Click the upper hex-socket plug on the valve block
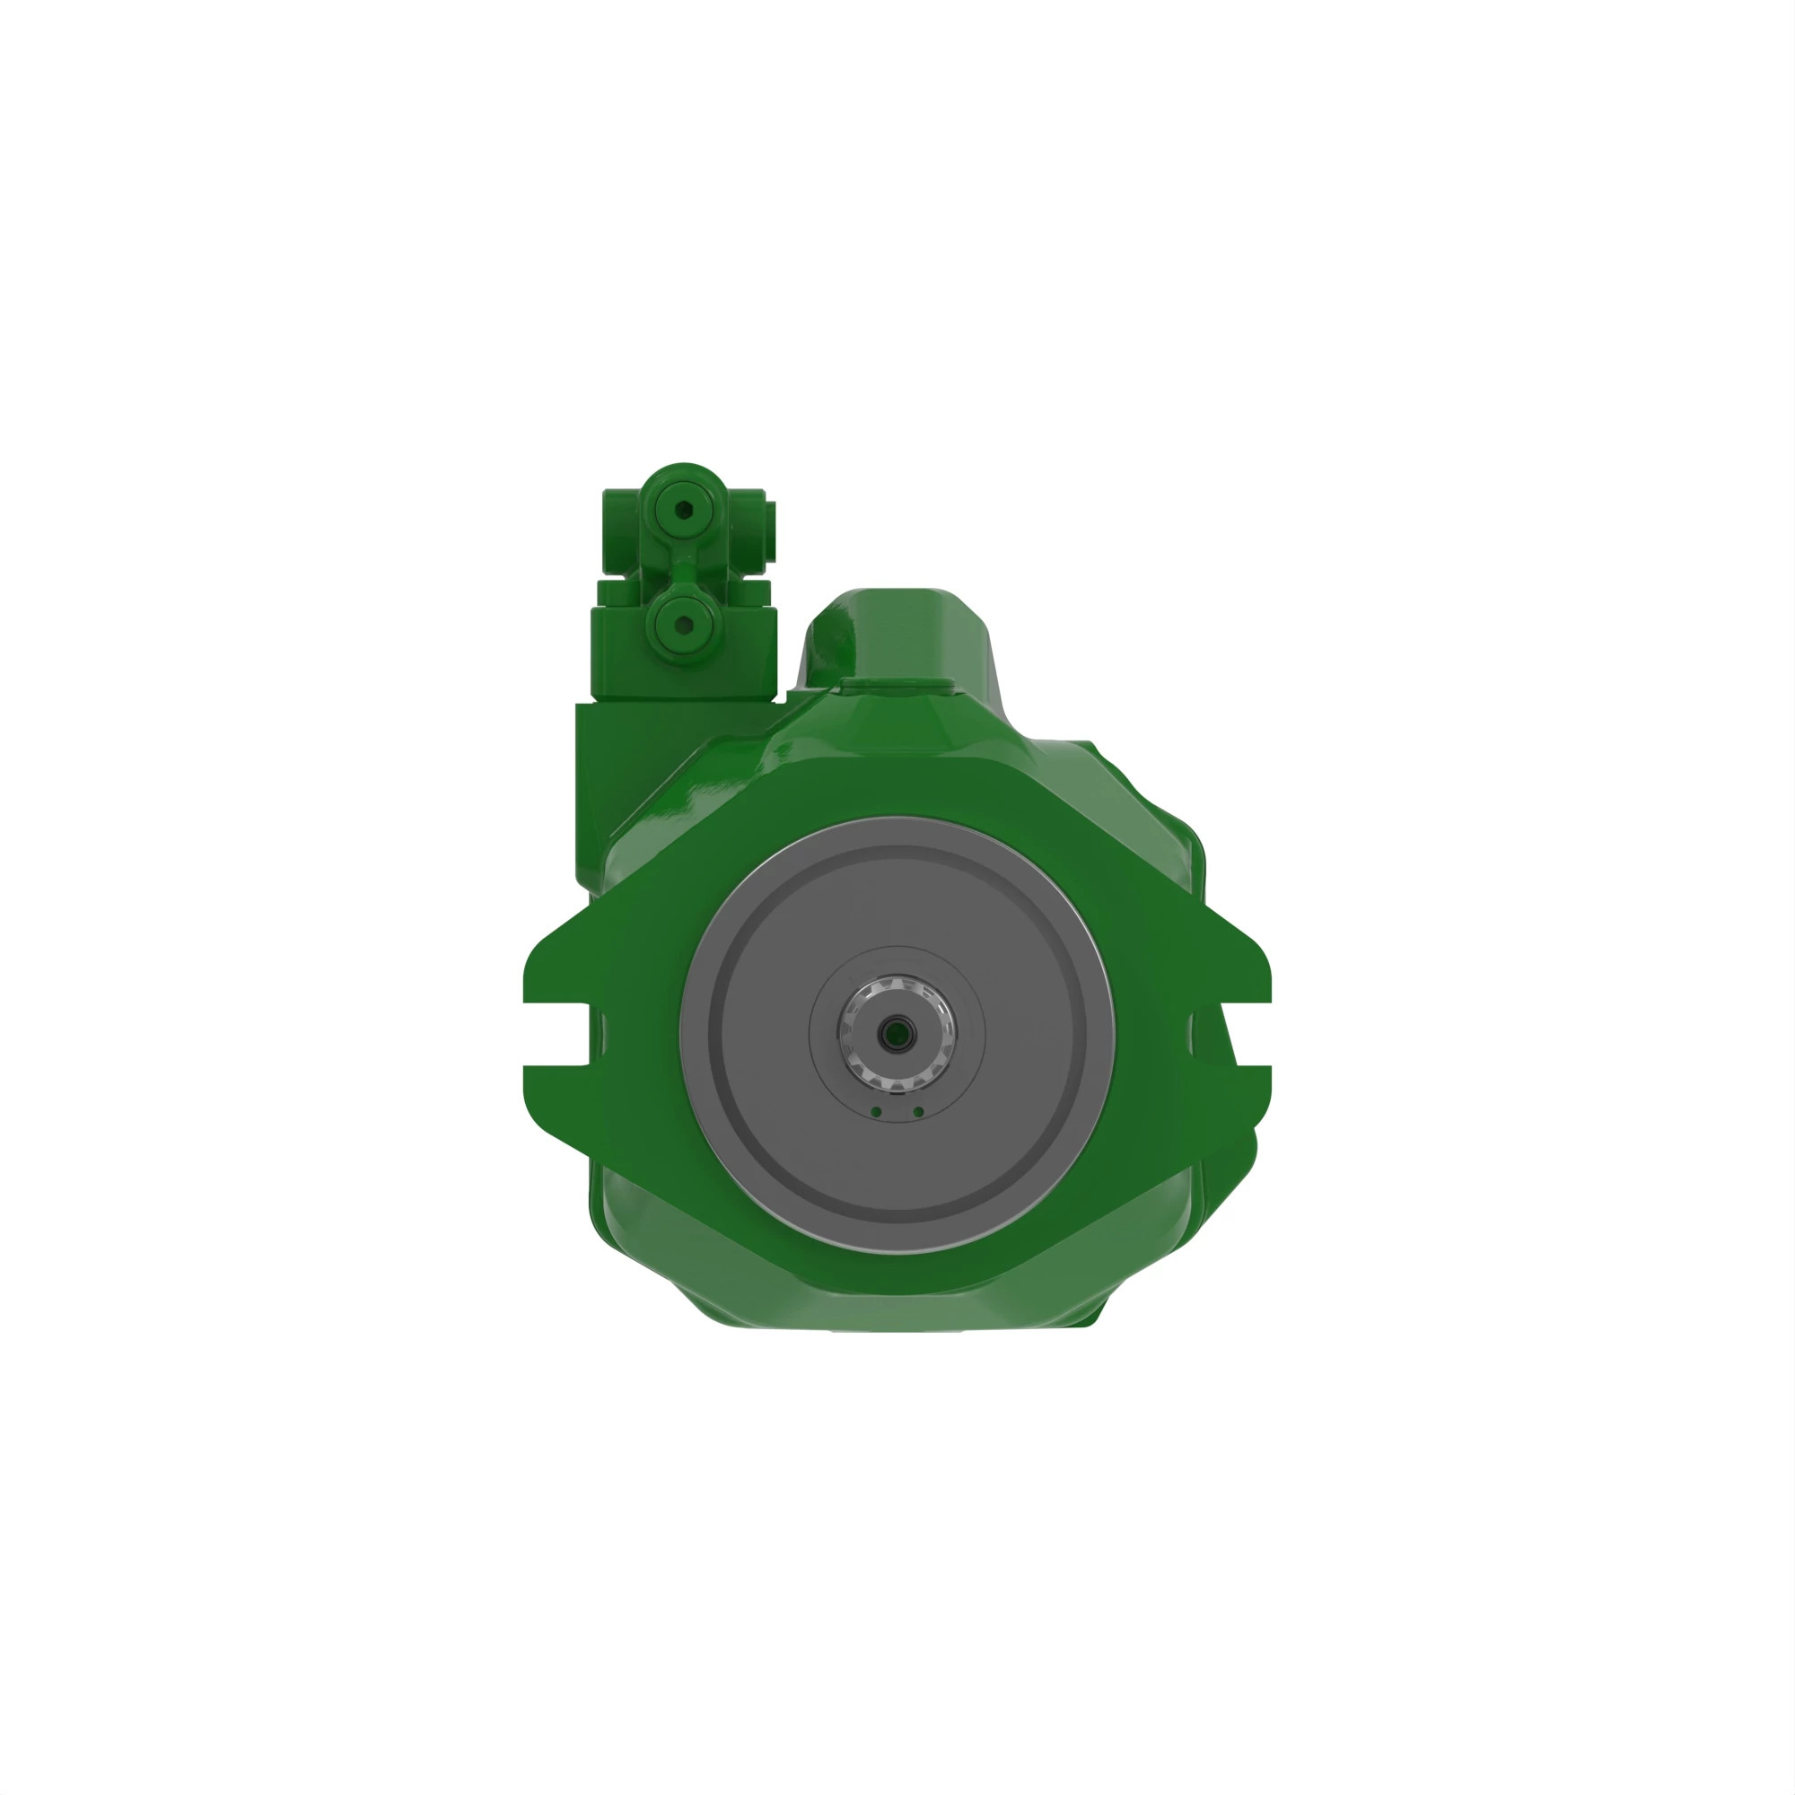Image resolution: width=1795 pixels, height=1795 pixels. pyautogui.click(x=684, y=509)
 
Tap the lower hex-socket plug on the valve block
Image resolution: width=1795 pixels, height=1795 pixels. pyautogui.click(x=683, y=624)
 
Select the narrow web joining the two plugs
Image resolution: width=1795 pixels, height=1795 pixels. pyautogui.click(x=683, y=566)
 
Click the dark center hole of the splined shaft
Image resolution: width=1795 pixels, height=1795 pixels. pyautogui.click(x=897, y=1032)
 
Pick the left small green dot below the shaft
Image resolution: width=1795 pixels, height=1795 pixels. pyautogui.click(x=876, y=1112)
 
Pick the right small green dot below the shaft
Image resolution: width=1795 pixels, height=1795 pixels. pyautogui.click(x=918, y=1112)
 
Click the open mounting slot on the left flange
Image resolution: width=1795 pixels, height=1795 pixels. pyautogui.click(x=557, y=1034)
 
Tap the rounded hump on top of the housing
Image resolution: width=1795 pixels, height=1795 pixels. pyautogui.click(x=897, y=632)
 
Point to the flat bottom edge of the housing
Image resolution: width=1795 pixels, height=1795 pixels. pyautogui.click(x=897, y=1326)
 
